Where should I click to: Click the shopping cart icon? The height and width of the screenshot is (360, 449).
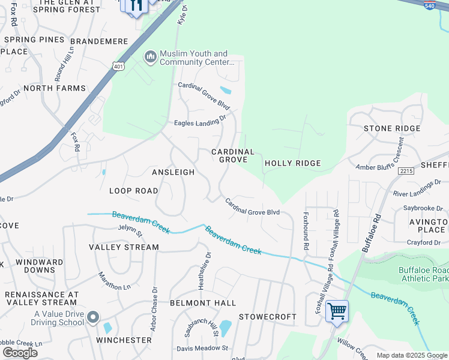coord(337,311)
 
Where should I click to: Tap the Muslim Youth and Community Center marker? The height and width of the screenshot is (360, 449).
coord(150,57)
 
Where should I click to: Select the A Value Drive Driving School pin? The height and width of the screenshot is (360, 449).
coord(92,317)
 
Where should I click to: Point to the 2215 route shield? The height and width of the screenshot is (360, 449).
coord(406,172)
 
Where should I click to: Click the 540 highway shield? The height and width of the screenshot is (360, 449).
coord(429,5)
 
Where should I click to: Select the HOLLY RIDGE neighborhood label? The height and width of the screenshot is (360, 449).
coord(292,163)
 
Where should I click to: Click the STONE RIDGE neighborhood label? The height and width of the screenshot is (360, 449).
coord(392,128)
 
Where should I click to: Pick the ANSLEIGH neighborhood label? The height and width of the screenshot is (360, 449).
coord(173,172)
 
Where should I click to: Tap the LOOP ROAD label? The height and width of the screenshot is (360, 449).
coord(133,191)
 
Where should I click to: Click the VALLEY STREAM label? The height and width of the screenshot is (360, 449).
coord(124,247)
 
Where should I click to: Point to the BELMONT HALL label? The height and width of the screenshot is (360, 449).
coord(202,303)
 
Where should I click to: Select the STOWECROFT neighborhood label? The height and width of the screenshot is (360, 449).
coord(268,316)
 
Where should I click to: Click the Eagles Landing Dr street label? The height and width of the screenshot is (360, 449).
coord(200,121)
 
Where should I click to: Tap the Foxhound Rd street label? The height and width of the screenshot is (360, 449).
coord(306,230)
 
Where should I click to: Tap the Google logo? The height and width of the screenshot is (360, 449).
coord(20,353)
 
